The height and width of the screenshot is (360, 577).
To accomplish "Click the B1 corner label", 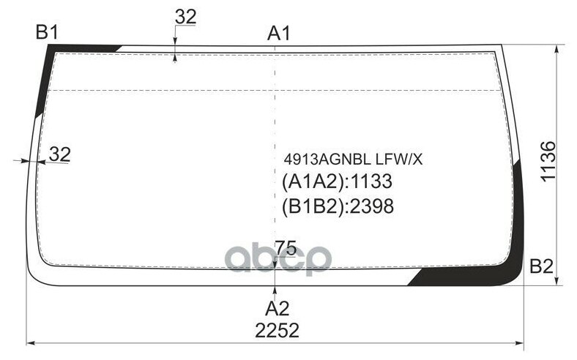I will (x=48, y=31).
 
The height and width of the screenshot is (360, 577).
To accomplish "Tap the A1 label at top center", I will (x=279, y=33).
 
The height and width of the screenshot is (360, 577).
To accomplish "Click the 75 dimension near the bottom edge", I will (x=285, y=249).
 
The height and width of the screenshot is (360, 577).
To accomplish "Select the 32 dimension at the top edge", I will (x=186, y=18).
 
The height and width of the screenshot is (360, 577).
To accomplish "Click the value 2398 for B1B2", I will (x=372, y=207).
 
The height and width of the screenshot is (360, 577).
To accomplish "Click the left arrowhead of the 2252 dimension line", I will (x=31, y=342).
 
